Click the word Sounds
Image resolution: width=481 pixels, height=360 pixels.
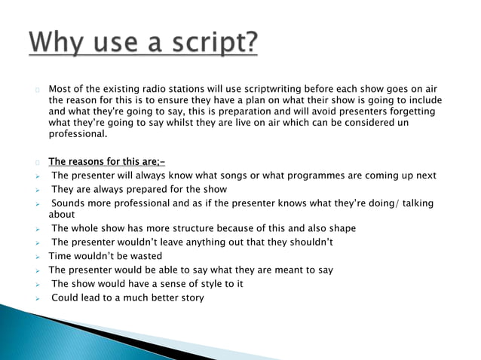tap(69, 203)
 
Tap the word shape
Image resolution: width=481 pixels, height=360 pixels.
tap(341, 228)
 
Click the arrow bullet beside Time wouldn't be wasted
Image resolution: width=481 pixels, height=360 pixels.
tap(38, 257)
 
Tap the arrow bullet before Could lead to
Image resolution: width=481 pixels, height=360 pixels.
tap(38, 298)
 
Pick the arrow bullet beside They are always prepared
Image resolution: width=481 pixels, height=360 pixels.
tap(38, 190)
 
